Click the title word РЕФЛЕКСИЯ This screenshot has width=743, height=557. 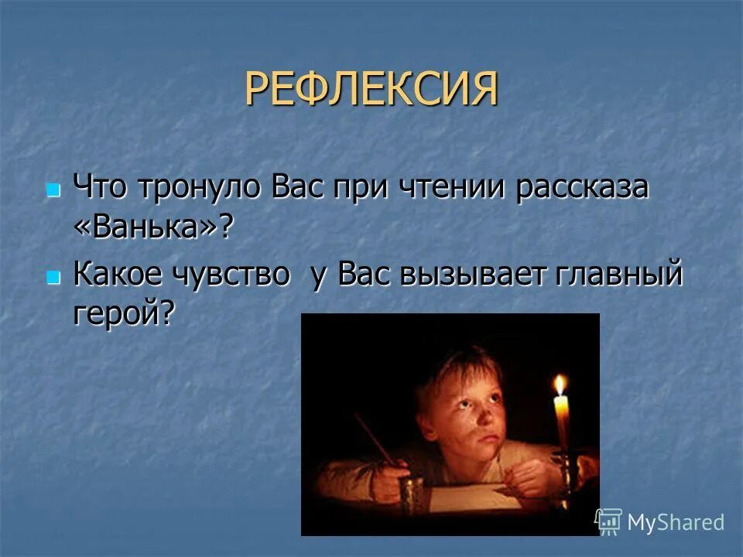coord(371,90)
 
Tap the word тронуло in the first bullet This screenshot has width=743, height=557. coord(203,188)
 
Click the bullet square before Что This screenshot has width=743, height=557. coord(53,190)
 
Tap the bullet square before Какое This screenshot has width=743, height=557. coord(53,277)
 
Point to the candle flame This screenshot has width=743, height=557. coord(560,384)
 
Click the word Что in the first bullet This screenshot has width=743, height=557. coord(100,188)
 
